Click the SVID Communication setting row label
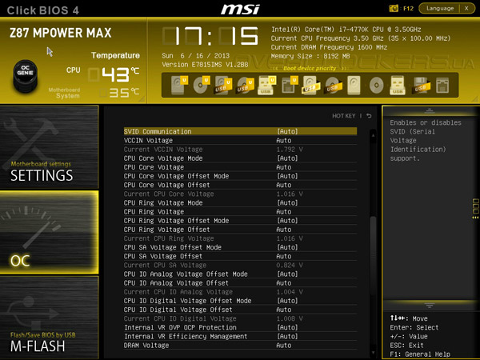(158, 131)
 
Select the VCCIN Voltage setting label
(148, 140)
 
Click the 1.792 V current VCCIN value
(289, 149)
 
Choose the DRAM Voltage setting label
(146, 345)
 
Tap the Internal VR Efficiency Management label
(186, 336)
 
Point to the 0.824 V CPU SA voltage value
(289, 265)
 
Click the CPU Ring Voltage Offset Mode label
(177, 220)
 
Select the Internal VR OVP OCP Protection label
(180, 327)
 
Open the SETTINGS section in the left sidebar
(42, 175)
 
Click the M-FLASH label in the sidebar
(38, 346)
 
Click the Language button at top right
(441, 8)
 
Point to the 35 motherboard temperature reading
(119, 92)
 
